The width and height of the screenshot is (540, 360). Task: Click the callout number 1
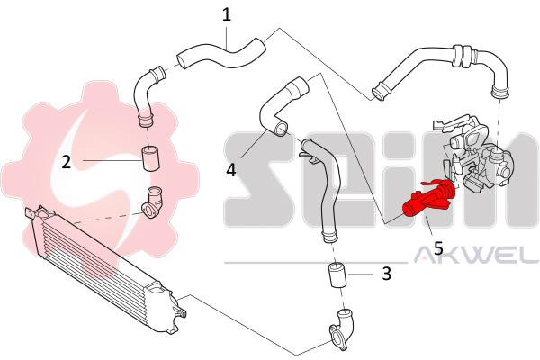[x=227, y=14]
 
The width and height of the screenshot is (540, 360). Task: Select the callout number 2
[x=67, y=162]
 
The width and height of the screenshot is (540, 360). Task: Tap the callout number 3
[x=386, y=273]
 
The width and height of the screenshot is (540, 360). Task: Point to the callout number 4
[x=231, y=168]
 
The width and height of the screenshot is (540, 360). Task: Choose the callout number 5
[x=438, y=245]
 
